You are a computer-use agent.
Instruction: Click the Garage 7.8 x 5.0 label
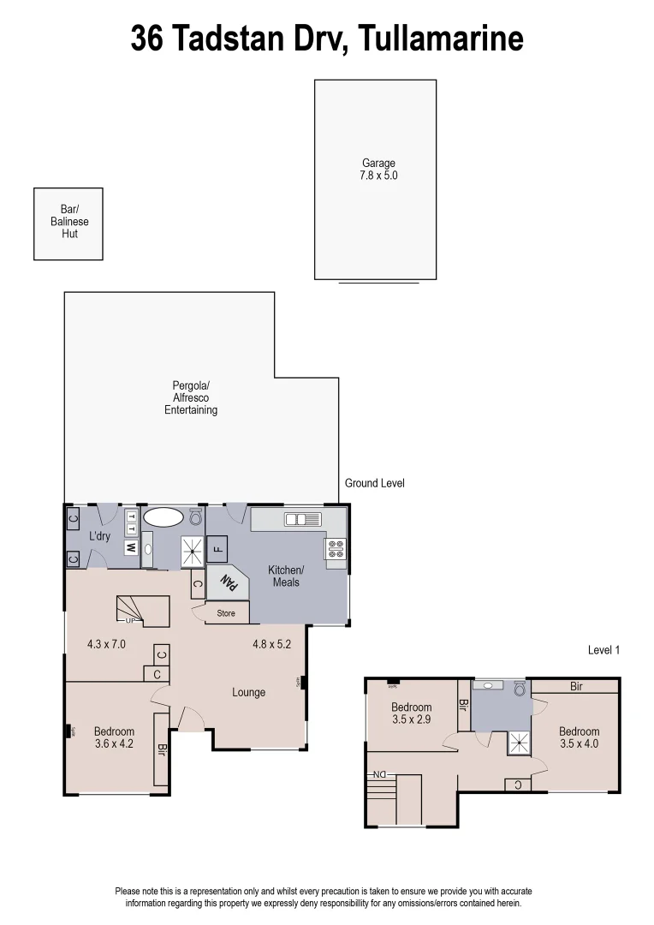(x=378, y=169)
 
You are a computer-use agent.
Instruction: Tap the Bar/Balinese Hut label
(x=69, y=221)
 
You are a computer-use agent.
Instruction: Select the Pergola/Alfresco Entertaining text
(x=190, y=397)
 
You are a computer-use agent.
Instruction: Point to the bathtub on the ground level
(x=163, y=516)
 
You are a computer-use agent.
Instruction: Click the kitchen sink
(x=302, y=518)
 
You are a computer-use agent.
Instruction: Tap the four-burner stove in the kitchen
(x=335, y=548)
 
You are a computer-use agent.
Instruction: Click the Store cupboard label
(x=225, y=613)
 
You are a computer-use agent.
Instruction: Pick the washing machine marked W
(x=132, y=547)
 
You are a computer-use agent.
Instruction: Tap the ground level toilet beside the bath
(x=195, y=517)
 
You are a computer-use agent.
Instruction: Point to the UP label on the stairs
(x=130, y=620)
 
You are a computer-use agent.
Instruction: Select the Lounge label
(x=248, y=692)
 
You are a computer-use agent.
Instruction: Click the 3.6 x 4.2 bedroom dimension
(x=114, y=744)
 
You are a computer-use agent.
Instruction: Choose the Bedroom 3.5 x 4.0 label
(x=579, y=737)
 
